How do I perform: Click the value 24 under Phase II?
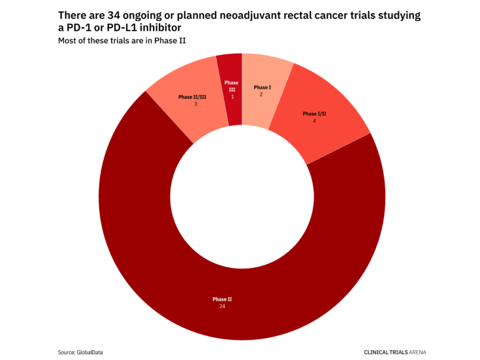point(222,306)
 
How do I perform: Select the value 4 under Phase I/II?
point(314,121)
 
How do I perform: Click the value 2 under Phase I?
point(262,95)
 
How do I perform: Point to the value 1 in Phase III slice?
point(232,97)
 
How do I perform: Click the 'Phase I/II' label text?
point(314,114)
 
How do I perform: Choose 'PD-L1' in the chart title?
point(125,27)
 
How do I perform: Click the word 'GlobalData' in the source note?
point(89,352)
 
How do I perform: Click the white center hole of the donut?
point(242,196)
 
